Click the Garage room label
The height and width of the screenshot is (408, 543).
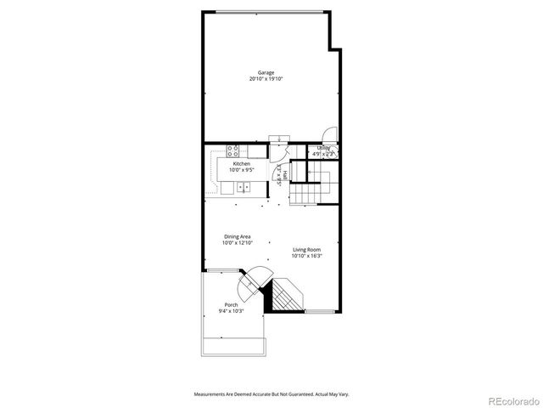click(x=266, y=72)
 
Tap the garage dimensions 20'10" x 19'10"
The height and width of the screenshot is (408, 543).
click(x=266, y=79)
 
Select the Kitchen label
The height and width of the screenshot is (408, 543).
click(x=242, y=163)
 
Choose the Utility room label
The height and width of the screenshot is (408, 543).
click(x=323, y=148)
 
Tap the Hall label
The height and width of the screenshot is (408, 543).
click(x=285, y=175)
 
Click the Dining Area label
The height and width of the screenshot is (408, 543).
click(x=237, y=236)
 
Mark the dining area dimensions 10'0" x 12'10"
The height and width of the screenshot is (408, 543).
click(x=237, y=243)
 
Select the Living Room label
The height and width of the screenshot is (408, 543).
click(x=306, y=249)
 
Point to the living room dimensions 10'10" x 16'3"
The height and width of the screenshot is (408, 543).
click(x=306, y=256)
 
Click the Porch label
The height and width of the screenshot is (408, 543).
click(x=231, y=304)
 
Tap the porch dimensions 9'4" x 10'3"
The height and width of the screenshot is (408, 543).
click(x=231, y=311)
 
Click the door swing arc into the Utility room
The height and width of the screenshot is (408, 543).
click(x=330, y=135)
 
